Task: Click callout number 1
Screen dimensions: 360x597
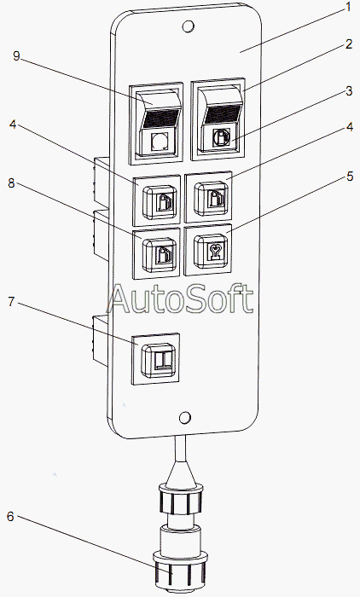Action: click(347, 7)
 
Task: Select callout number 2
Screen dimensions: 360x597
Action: click(349, 44)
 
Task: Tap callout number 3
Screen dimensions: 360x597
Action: click(349, 91)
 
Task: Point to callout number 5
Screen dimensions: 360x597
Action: click(350, 177)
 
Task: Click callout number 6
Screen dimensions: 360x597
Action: click(10, 517)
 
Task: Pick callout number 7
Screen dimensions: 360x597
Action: click(11, 302)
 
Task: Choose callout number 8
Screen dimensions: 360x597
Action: click(11, 183)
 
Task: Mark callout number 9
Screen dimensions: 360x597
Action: click(16, 56)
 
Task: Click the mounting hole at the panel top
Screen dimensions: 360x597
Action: click(188, 26)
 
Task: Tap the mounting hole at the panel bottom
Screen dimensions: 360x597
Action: click(185, 418)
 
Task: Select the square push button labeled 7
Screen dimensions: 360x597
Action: click(160, 360)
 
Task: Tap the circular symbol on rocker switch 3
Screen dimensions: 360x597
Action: click(220, 137)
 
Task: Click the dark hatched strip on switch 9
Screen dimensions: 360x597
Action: click(160, 119)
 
